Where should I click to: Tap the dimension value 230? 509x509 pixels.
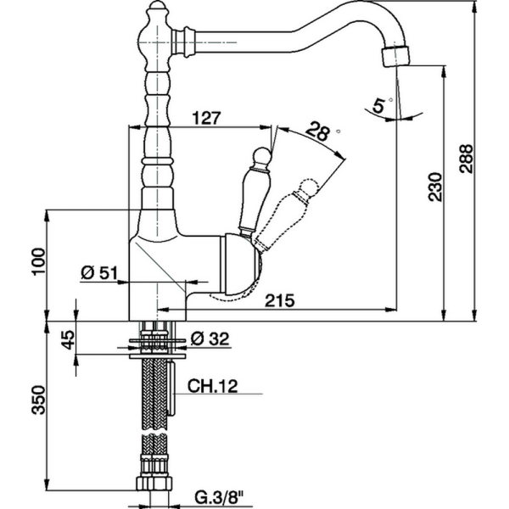click(x=434, y=187)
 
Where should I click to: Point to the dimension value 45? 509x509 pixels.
click(x=69, y=341)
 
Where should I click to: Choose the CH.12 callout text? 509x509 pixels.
click(x=211, y=386)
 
